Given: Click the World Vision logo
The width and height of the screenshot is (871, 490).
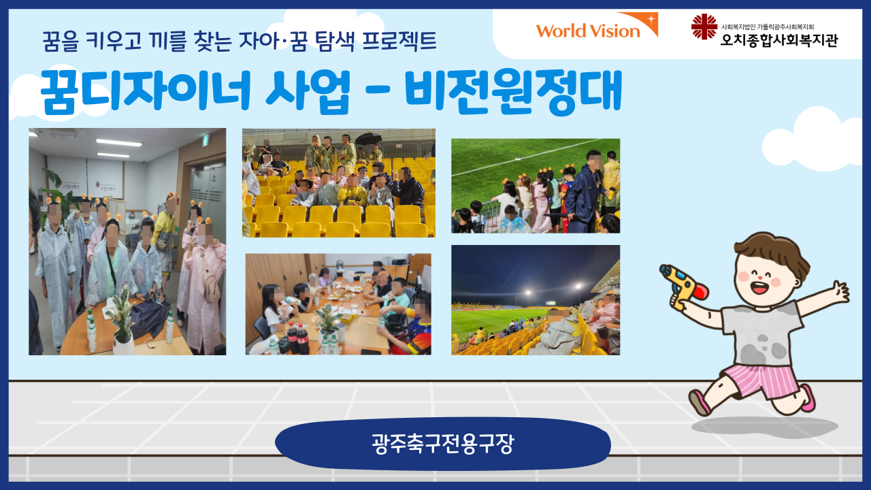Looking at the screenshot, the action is coord(597,26).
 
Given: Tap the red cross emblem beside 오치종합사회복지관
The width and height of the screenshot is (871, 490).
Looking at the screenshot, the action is coord(704,27).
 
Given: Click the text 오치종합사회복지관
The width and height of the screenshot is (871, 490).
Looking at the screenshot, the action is coord(779,39).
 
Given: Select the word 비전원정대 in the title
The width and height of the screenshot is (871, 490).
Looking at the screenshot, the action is coord(513,92).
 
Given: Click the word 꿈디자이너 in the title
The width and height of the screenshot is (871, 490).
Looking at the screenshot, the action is coord(146,92).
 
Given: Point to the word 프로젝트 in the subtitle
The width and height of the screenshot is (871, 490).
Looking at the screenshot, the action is coord(399,42).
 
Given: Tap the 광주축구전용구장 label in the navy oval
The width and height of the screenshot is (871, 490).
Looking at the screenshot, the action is coord(443,444).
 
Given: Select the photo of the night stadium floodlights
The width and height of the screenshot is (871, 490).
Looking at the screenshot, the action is coord(536,300).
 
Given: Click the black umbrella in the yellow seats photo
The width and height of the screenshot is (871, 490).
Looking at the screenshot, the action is coord(369,138).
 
